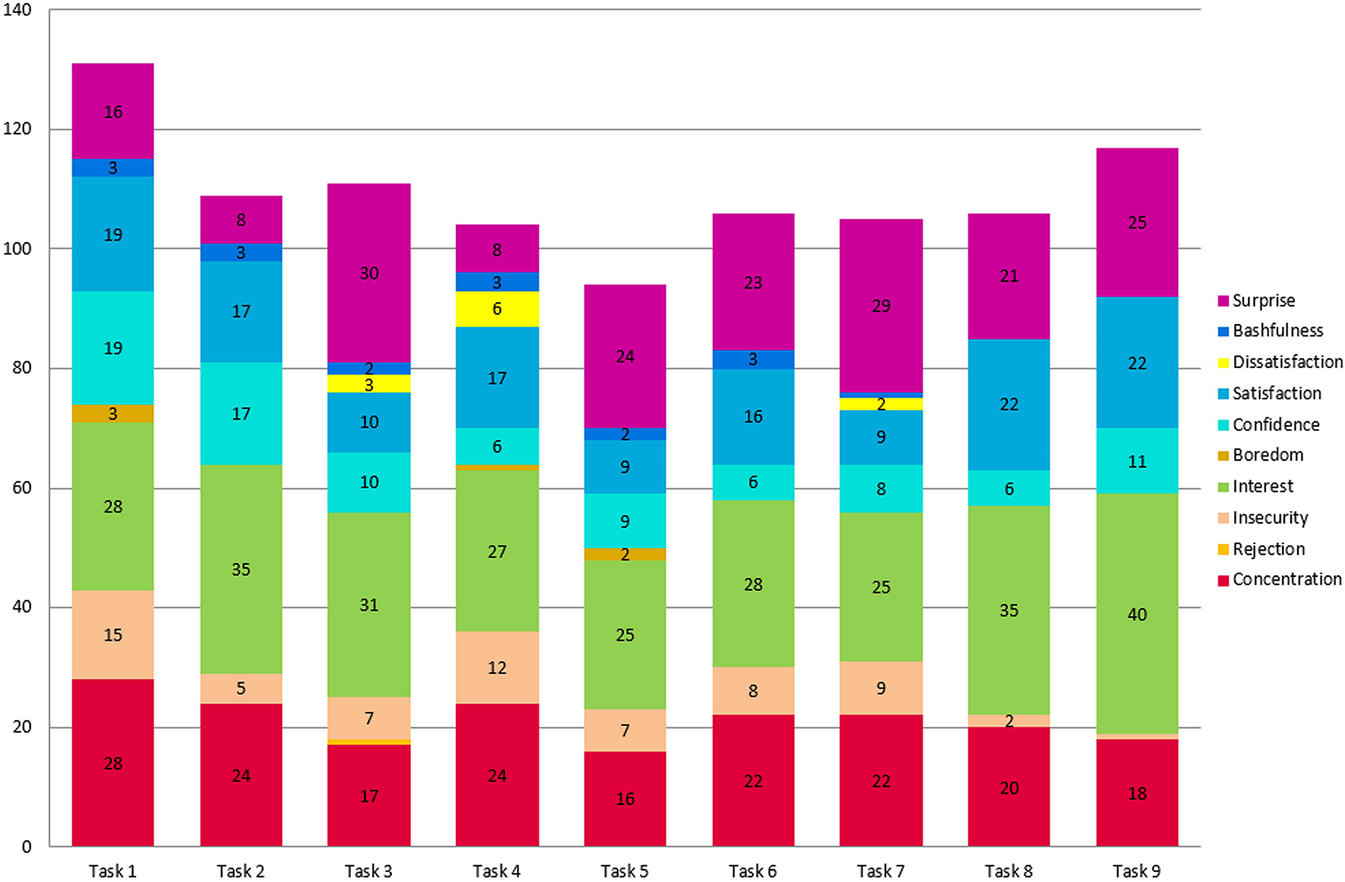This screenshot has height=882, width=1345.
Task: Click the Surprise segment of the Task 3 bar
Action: coord(369,272)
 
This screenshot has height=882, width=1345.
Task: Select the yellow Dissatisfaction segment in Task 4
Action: coord(497,309)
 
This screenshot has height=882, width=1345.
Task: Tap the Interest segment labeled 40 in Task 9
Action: coord(1137,614)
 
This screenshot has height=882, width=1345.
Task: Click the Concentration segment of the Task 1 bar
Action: coord(113,763)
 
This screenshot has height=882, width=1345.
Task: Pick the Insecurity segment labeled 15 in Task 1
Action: coord(113,635)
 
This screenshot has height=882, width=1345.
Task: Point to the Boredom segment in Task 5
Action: coord(625,554)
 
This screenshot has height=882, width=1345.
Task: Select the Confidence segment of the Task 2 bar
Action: coord(241,414)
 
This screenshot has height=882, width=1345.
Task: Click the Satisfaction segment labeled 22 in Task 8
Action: coord(1009,404)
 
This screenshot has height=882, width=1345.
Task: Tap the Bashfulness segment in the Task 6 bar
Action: coord(753,360)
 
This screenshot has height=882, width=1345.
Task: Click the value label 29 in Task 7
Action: coord(881,306)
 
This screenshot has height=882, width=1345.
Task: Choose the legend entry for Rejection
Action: coord(1268,549)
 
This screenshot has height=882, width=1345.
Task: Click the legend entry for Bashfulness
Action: coord(1277,331)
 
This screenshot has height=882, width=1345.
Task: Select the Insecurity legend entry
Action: coord(1269,518)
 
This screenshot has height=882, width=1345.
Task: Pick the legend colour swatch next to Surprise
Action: coord(1223,301)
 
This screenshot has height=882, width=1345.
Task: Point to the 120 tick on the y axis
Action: coord(17,129)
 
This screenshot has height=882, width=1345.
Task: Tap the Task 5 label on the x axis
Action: coord(625,871)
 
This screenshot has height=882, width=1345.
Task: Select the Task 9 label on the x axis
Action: coord(1137,871)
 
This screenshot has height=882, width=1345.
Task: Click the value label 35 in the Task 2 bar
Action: coord(241,569)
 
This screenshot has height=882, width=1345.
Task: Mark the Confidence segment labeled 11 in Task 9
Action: coord(1137,461)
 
